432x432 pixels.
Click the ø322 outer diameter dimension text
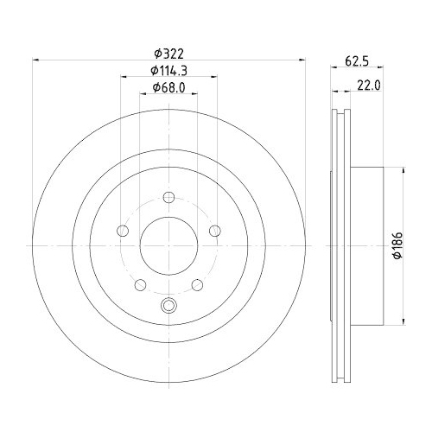pos(168,53)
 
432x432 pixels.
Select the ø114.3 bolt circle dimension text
pos(168,70)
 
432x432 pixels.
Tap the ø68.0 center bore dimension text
pos(168,87)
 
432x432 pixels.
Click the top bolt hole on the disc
pos(168,197)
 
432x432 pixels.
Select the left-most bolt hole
pos(122,231)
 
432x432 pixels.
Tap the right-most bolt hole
pos(215,231)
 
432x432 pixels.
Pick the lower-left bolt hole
pos(139,285)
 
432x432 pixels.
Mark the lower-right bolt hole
pos(198,285)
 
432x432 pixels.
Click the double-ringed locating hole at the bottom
pos(168,304)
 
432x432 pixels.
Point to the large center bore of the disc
pos(168,246)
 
